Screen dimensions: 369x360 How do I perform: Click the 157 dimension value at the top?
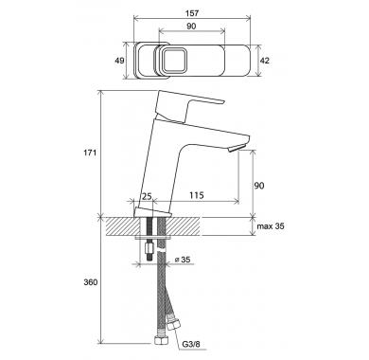[192, 13]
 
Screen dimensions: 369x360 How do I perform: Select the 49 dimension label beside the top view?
[119, 60]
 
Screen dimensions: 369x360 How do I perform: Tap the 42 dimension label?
[265, 60]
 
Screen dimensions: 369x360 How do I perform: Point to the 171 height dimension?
[90, 153]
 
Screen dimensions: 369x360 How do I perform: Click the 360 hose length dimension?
[91, 282]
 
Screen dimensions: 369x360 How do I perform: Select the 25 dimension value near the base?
[146, 196]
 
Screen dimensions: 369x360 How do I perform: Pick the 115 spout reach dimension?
[197, 195]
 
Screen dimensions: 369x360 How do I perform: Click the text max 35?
[271, 226]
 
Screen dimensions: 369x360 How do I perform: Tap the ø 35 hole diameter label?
[183, 260]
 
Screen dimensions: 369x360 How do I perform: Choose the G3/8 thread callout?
[191, 344]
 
